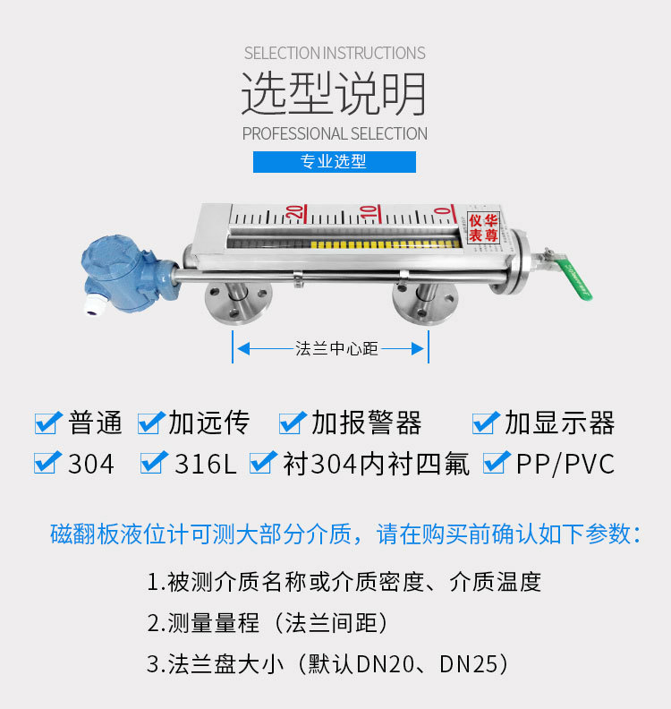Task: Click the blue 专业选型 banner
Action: tap(335, 161)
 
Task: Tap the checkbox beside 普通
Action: tap(48, 423)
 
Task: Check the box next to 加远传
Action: tap(151, 423)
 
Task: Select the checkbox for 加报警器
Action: tap(293, 423)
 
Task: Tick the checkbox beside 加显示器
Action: tap(486, 423)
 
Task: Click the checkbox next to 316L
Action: tap(154, 463)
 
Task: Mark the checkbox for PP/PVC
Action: tap(497, 463)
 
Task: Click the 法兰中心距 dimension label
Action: tap(336, 348)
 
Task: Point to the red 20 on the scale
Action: tap(295, 213)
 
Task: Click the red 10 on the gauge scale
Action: tap(369, 213)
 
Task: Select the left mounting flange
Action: tap(238, 302)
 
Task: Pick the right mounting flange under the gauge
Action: tap(425, 302)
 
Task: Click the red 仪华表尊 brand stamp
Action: tap(483, 228)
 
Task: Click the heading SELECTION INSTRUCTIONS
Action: tap(335, 54)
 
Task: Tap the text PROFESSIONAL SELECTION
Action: tap(335, 134)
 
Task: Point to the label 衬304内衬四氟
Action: tap(376, 463)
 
